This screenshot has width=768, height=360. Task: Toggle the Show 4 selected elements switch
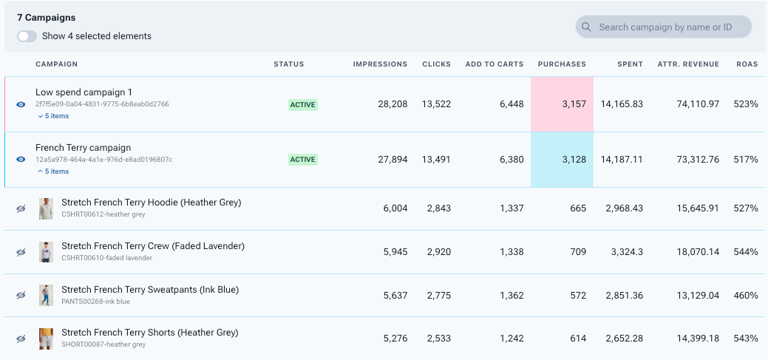(27, 36)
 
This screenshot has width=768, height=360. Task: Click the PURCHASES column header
(562, 64)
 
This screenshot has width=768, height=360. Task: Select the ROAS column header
(747, 64)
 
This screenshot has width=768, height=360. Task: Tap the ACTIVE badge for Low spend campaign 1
(302, 105)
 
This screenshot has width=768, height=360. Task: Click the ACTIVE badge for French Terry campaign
(302, 160)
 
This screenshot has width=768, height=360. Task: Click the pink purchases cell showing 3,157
(562, 104)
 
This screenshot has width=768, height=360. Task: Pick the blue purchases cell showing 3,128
(562, 160)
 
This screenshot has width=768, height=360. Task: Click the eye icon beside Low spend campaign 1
(21, 105)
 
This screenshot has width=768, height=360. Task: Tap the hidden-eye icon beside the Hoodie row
(21, 209)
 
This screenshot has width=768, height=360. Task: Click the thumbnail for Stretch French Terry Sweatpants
(47, 296)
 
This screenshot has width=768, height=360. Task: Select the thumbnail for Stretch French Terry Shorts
(47, 339)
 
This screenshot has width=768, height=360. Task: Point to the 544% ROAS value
(745, 252)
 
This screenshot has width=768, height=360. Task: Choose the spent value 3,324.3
(624, 252)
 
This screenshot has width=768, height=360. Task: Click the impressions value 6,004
(391, 209)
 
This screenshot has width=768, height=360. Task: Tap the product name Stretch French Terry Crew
(153, 246)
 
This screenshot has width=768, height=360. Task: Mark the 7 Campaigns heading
(47, 17)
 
